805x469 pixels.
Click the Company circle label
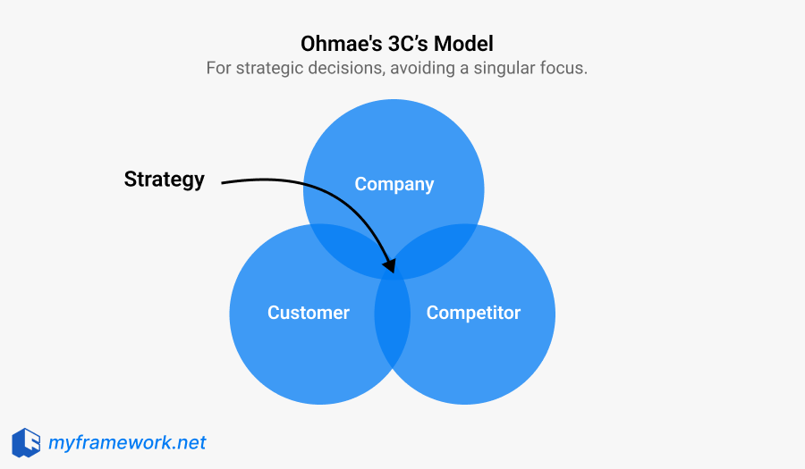pyautogui.click(x=394, y=184)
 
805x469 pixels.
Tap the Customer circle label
pyautogui.click(x=308, y=313)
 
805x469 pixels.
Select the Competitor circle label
pyautogui.click(x=473, y=313)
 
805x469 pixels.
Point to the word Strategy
pyautogui.click(x=164, y=179)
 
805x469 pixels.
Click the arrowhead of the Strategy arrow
pyautogui.click(x=389, y=265)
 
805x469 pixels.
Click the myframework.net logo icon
pyautogui.click(x=26, y=442)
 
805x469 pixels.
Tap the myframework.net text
pyautogui.click(x=127, y=442)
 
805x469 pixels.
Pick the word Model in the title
pyautogui.click(x=469, y=43)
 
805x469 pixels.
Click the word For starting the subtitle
pyautogui.click(x=219, y=68)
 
